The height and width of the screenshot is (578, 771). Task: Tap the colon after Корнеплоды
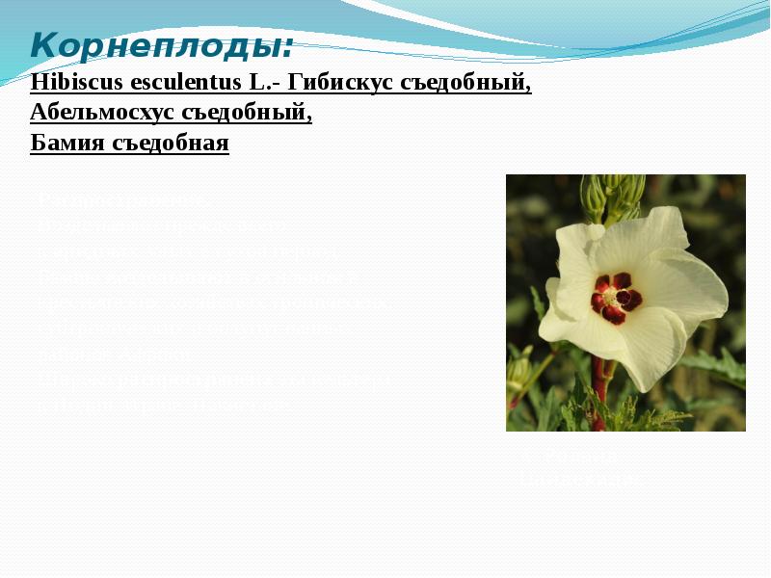coord(289,48)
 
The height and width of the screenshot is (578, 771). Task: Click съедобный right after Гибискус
coord(465,83)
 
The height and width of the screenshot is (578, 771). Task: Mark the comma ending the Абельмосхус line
coord(309,118)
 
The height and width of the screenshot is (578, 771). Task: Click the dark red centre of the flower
coord(614,297)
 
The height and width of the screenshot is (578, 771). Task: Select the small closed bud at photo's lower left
coord(519,371)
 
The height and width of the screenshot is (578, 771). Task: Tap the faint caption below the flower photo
coord(578,468)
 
